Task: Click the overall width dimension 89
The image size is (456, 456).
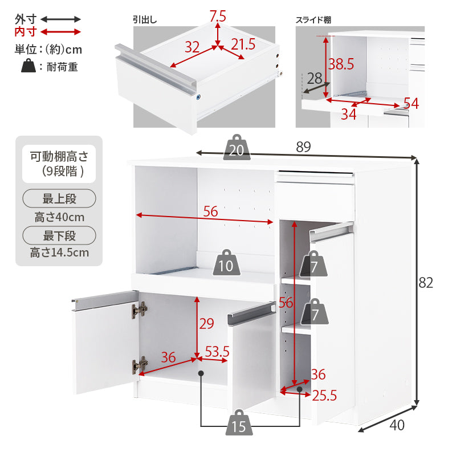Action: (x=303, y=146)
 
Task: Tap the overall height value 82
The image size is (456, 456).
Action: (x=426, y=283)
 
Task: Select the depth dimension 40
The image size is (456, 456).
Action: (x=397, y=425)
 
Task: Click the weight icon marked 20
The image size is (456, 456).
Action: (x=237, y=149)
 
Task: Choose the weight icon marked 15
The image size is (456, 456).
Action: (x=240, y=425)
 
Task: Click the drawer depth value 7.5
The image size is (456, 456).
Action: (x=218, y=17)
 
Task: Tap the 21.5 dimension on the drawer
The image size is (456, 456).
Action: (x=243, y=44)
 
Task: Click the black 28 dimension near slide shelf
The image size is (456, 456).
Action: (x=314, y=78)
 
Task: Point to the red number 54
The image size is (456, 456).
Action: (x=411, y=104)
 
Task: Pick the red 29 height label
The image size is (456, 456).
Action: (x=206, y=324)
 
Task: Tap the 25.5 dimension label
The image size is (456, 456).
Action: (x=325, y=395)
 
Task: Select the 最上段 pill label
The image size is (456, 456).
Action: (x=59, y=199)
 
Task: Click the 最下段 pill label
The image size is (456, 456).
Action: (x=59, y=235)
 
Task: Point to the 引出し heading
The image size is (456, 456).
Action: (x=145, y=19)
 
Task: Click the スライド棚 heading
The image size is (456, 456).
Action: (x=313, y=19)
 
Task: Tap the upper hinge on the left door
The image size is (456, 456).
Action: (x=140, y=310)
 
